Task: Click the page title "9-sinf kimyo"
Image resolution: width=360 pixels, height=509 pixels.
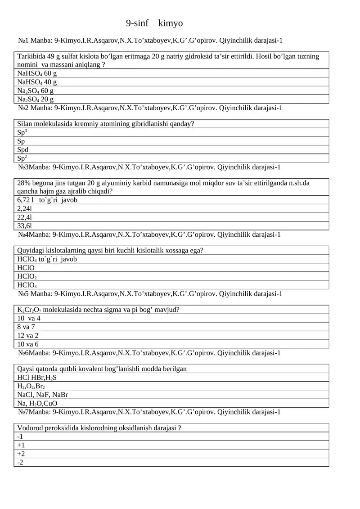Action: [154, 23]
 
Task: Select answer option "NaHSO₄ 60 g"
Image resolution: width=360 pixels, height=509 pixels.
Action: [37, 73]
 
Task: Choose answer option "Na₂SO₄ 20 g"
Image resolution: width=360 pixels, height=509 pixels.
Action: [35, 99]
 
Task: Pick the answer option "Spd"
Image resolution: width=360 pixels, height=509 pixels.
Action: [23, 150]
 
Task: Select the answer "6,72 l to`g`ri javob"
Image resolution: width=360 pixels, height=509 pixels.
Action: [47, 200]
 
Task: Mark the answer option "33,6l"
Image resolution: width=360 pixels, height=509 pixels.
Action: [24, 226]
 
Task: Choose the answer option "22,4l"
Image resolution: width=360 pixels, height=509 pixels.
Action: [24, 217]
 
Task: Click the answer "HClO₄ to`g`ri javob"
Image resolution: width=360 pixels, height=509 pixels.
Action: [47, 259]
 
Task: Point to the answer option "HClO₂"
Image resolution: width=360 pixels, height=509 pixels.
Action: [27, 277]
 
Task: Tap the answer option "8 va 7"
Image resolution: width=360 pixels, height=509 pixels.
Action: [26, 327]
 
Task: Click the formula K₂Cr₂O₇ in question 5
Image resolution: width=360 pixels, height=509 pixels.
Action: [29, 310]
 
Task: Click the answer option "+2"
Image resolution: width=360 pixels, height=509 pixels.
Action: [21, 454]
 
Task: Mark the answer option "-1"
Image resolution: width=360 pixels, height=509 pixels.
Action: [20, 437]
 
